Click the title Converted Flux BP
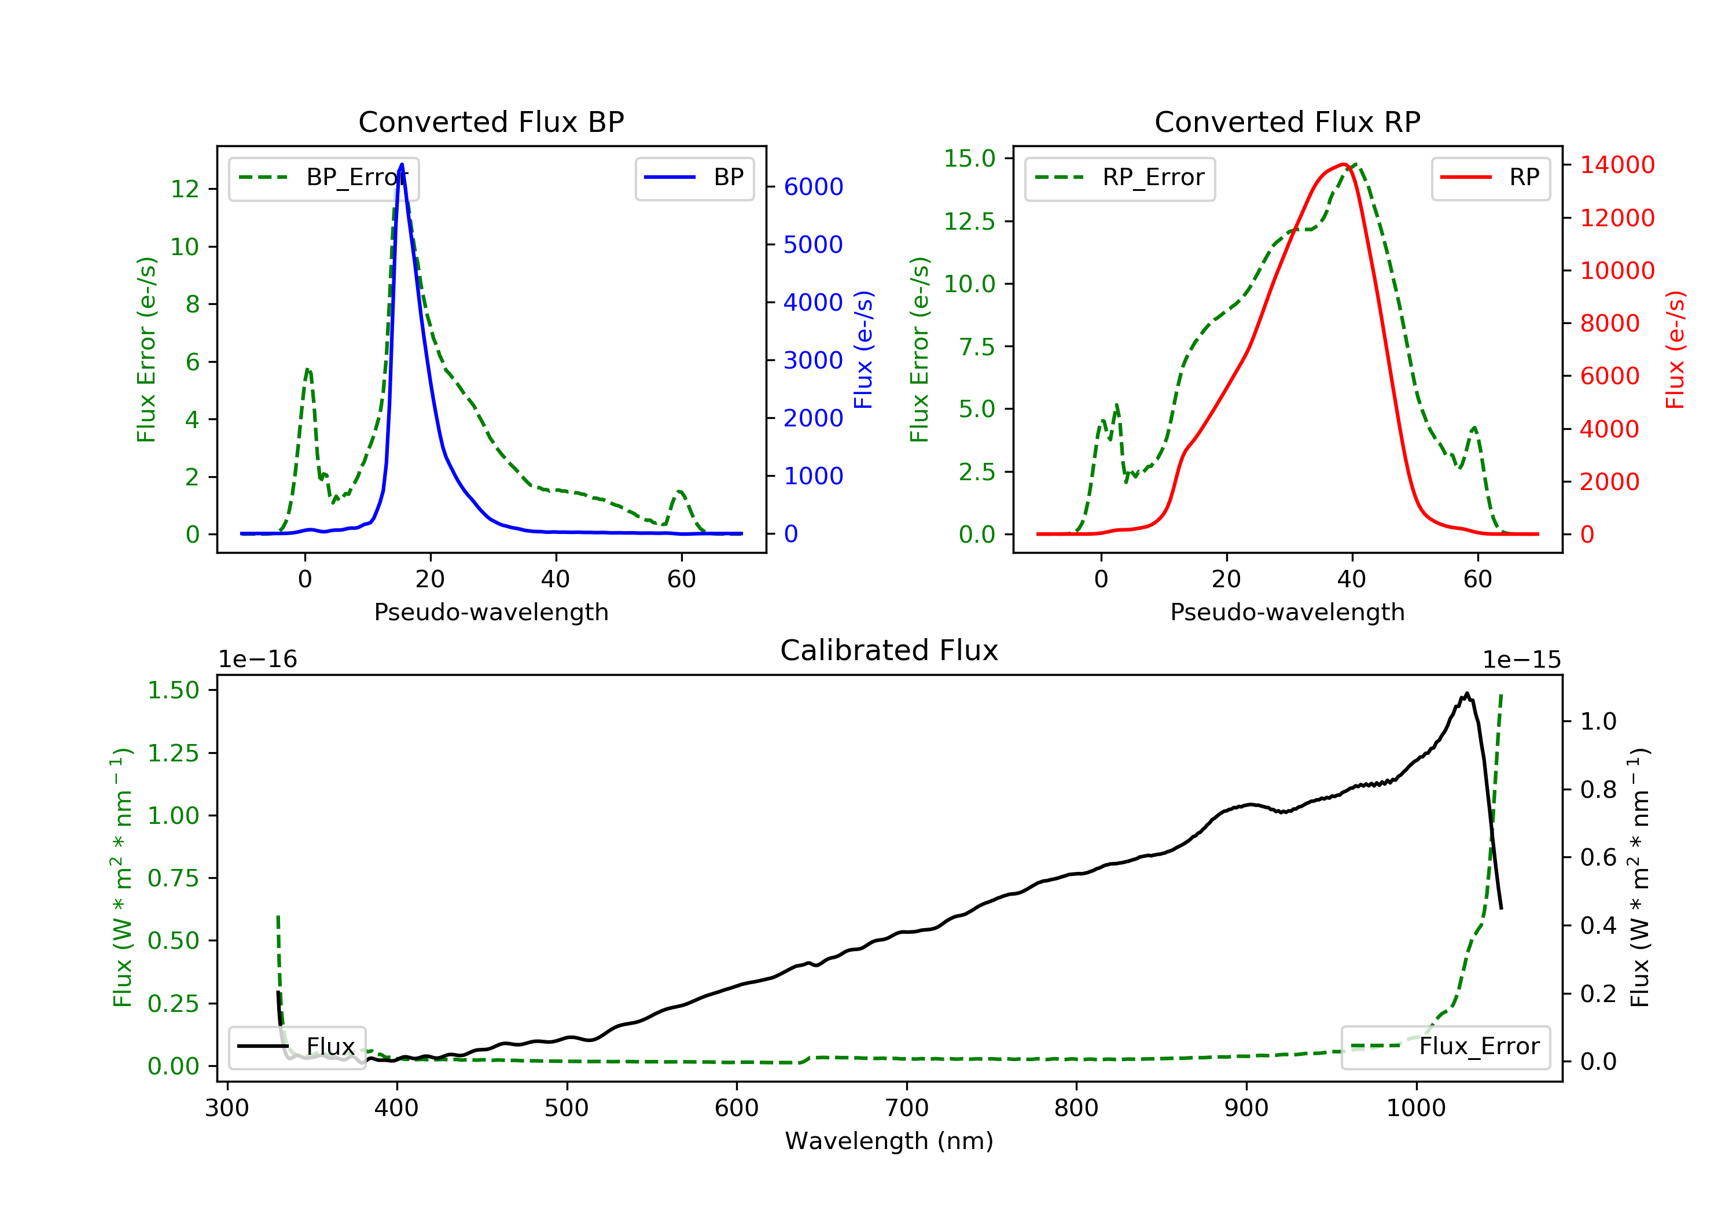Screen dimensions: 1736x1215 click(491, 122)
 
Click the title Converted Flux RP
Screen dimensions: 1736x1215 click(1288, 122)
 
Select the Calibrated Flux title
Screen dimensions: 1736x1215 click(889, 650)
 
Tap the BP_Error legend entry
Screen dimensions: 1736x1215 click(323, 178)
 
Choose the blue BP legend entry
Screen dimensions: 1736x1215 click(694, 178)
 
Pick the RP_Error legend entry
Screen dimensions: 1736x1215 click(1120, 178)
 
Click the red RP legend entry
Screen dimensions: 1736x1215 click(1490, 178)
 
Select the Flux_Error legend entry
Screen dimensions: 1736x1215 click(1445, 1047)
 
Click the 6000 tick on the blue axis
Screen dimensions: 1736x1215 click(814, 187)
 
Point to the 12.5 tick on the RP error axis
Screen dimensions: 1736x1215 click(970, 222)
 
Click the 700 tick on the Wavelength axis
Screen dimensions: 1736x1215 click(907, 1109)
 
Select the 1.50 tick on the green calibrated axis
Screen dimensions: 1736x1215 click(173, 690)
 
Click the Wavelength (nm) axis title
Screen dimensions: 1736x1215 click(889, 1141)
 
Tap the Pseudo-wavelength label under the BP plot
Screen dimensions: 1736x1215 click(491, 612)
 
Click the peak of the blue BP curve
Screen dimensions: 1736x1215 click(402, 164)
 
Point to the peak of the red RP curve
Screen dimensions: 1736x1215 click(1344, 164)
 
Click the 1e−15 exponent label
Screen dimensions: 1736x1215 click(1521, 660)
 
